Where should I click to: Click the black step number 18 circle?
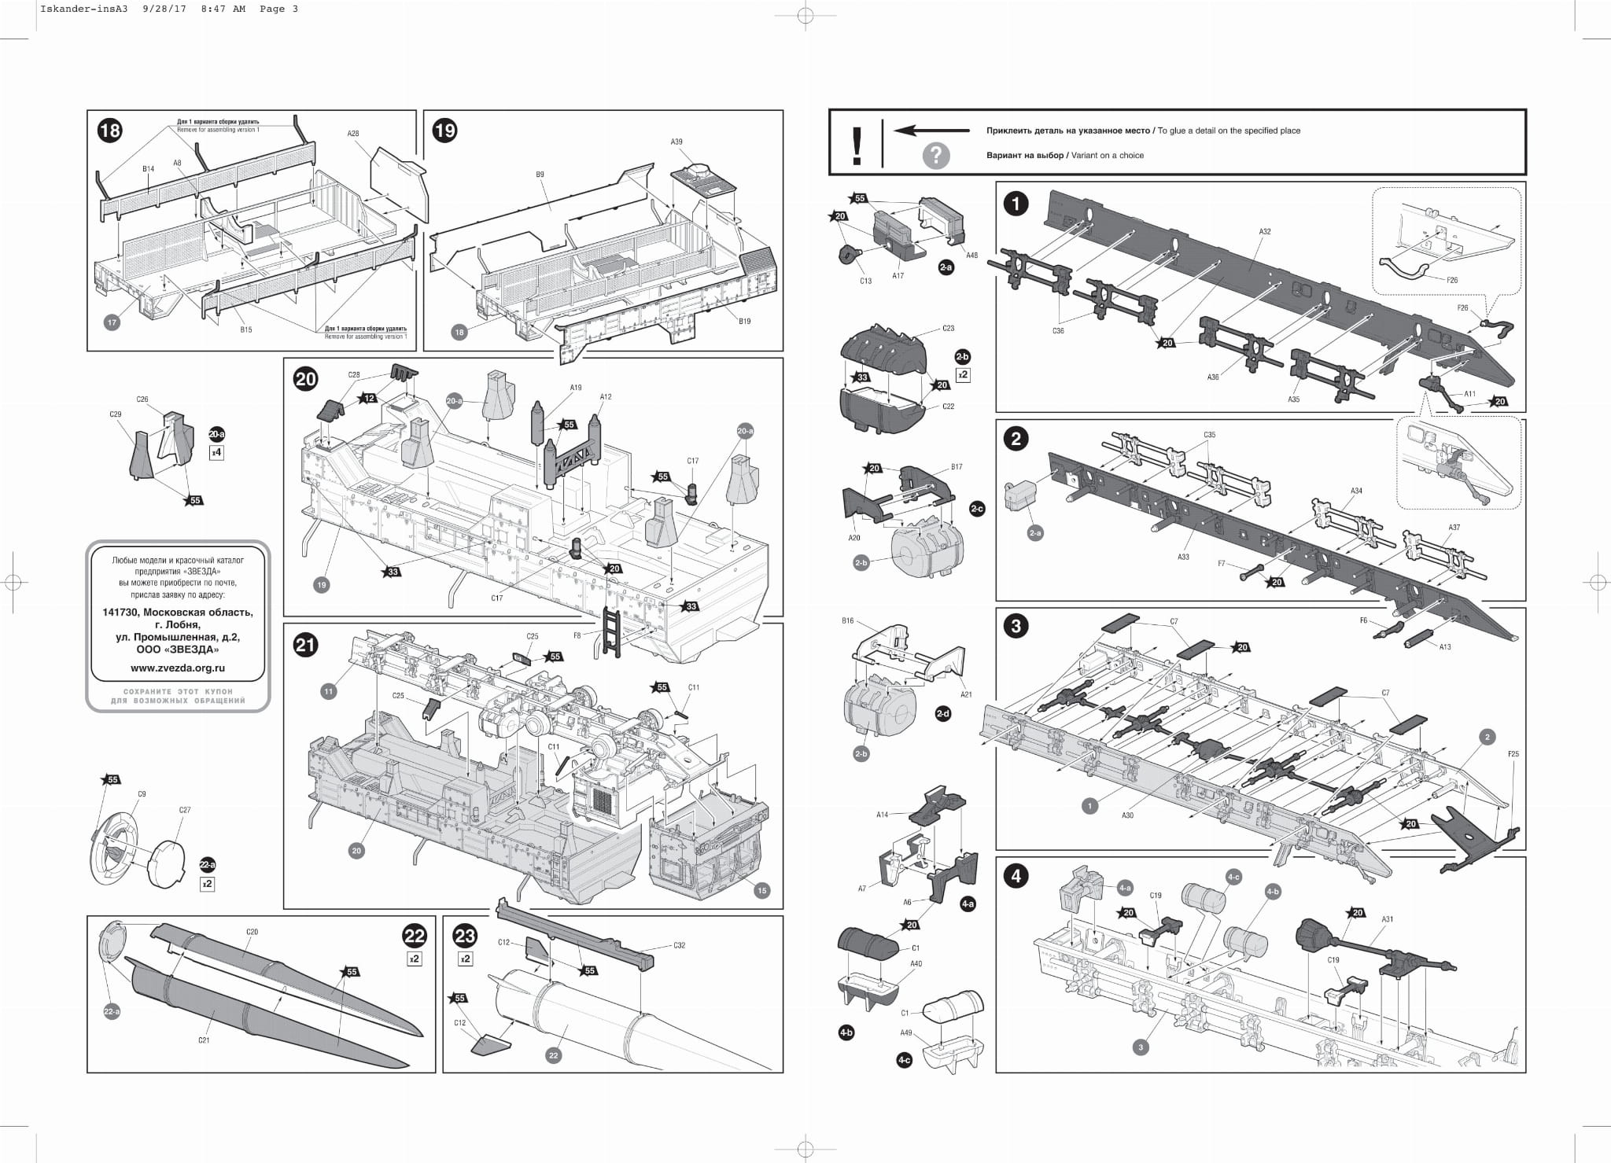pyautogui.click(x=109, y=130)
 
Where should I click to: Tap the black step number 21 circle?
pyautogui.click(x=305, y=645)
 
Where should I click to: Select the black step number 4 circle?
pyautogui.click(x=1016, y=876)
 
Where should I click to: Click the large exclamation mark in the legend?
pyautogui.click(x=857, y=145)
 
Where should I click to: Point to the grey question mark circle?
pyautogui.click(x=935, y=156)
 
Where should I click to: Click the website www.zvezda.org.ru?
pyautogui.click(x=178, y=668)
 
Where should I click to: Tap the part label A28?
pyautogui.click(x=353, y=134)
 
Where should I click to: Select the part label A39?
pyautogui.click(x=676, y=142)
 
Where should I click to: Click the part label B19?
pyautogui.click(x=744, y=321)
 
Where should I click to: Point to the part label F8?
pyautogui.click(x=577, y=635)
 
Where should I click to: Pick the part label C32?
pyautogui.click(x=680, y=945)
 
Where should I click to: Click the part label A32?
pyautogui.click(x=1265, y=232)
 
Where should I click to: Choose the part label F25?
pyautogui.click(x=1513, y=754)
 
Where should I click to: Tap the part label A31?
pyautogui.click(x=1388, y=919)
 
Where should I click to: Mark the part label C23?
pyautogui.click(x=948, y=328)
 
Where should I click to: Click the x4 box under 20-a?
pyautogui.click(x=216, y=453)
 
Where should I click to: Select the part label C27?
pyautogui.click(x=185, y=810)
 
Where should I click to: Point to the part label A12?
pyautogui.click(x=606, y=397)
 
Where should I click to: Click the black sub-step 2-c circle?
pyautogui.click(x=977, y=509)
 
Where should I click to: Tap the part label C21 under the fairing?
pyautogui.click(x=204, y=1040)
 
